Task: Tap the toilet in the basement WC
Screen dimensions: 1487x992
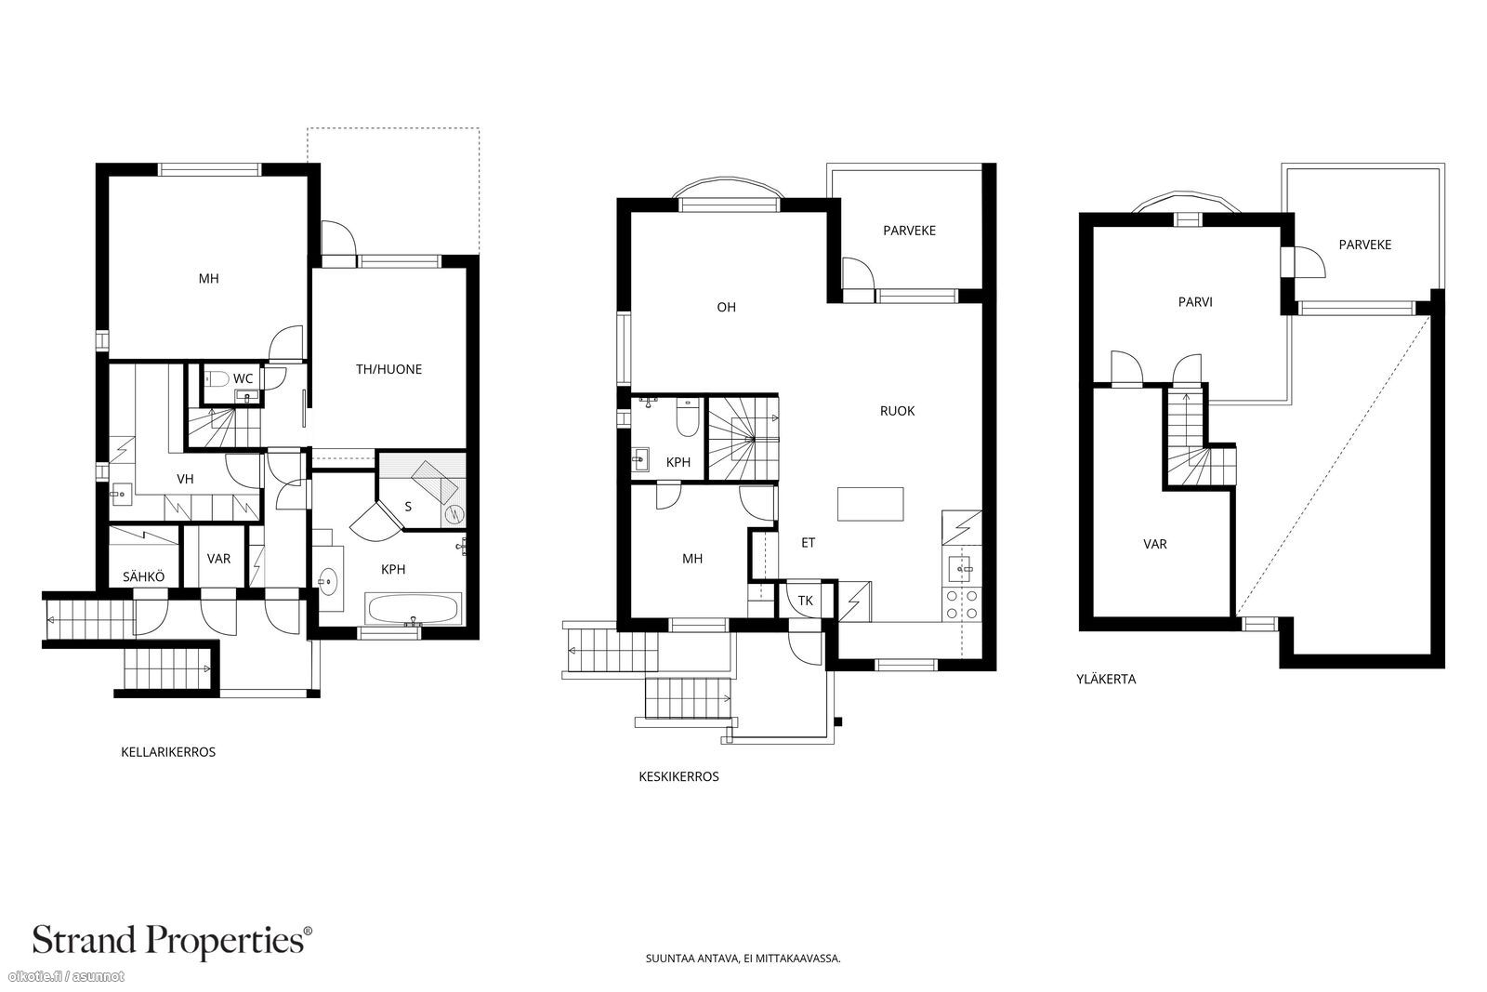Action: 217,379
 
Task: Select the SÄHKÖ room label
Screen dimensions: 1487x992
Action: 143,577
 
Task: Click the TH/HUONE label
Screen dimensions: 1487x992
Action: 388,370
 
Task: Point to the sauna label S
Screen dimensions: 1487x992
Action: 408,508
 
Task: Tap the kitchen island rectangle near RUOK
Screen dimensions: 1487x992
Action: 870,504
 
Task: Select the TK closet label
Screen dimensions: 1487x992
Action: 805,601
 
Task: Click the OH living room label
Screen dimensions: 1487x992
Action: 726,308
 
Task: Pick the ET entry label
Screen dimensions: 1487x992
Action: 808,543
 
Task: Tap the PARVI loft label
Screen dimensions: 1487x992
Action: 1195,302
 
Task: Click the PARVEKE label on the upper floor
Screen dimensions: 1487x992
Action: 1365,245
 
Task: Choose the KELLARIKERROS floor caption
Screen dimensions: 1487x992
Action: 168,752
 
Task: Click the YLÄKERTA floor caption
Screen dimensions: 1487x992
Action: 1106,680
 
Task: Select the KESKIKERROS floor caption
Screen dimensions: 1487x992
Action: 678,777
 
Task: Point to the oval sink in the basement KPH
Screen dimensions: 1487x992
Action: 328,582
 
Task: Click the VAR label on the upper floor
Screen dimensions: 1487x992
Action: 1155,545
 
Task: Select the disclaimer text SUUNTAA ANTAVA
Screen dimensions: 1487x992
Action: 693,959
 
